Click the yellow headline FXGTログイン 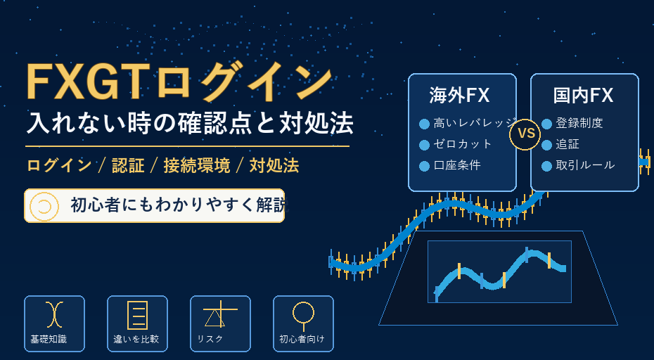click(179, 82)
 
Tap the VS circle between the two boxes click(525, 134)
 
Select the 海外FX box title click(459, 95)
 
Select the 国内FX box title click(583, 95)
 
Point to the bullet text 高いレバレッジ click(475, 123)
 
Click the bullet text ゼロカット click(463, 144)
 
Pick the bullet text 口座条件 click(457, 165)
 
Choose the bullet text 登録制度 click(579, 123)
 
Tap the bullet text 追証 click(568, 144)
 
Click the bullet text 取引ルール click(585, 165)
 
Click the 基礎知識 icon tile click(54, 323)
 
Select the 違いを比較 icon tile click(137, 323)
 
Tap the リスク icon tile click(220, 323)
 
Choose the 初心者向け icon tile click(303, 323)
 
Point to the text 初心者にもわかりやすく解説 click(179, 205)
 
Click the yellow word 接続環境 click(196, 166)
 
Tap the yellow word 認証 click(128, 166)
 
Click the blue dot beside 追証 click(547, 145)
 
